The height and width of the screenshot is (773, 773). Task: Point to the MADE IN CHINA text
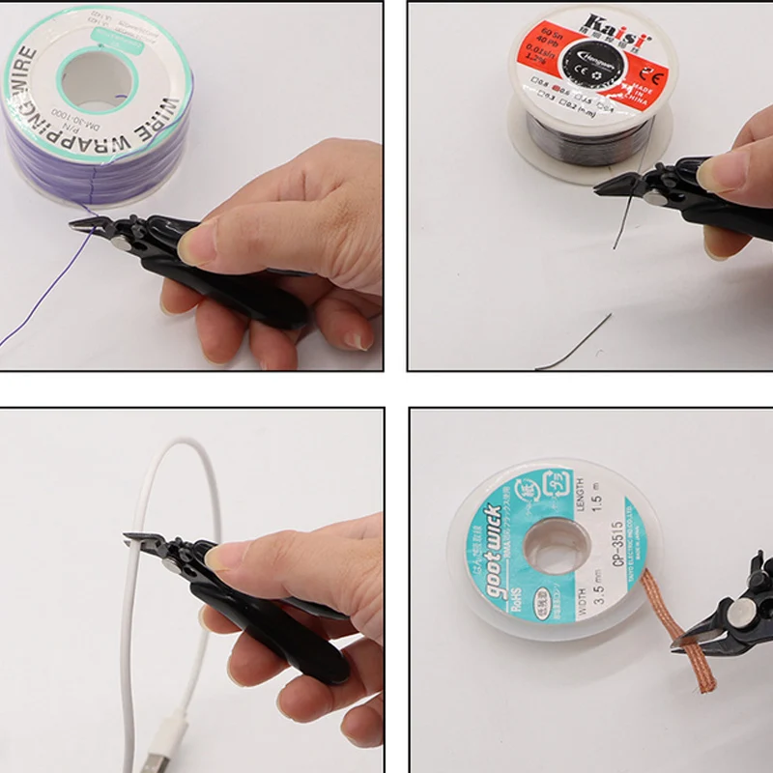pos(634,90)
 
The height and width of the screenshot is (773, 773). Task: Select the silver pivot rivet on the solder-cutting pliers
pos(656,198)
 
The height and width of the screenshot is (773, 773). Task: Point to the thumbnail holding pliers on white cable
pos(224,558)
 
